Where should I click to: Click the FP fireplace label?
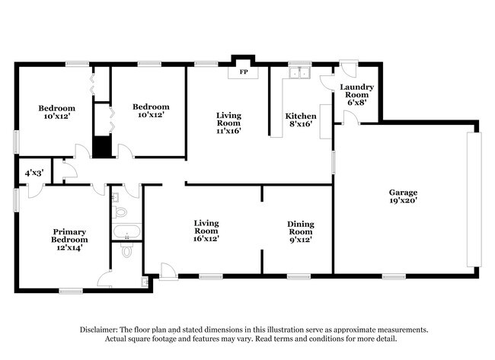(x=244, y=72)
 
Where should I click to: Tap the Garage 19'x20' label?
(x=403, y=196)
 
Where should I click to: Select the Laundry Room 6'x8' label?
(x=356, y=94)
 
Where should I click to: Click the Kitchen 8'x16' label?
(x=301, y=119)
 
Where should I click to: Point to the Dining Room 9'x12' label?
(x=301, y=232)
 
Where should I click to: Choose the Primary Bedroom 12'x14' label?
(x=69, y=240)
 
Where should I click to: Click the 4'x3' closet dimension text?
(x=34, y=173)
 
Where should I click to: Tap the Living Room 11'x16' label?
(x=229, y=123)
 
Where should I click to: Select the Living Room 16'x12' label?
(x=206, y=231)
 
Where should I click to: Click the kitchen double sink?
(x=300, y=72)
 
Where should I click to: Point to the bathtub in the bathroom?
(x=127, y=231)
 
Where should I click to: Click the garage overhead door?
(x=474, y=199)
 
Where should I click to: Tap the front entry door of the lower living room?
(x=168, y=272)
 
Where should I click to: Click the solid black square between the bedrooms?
(x=101, y=147)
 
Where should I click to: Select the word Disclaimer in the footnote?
(x=99, y=330)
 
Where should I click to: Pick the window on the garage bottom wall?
(x=394, y=277)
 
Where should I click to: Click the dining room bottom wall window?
(x=299, y=277)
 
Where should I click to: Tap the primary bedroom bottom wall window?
(x=71, y=291)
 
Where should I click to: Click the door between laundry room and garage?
(x=351, y=117)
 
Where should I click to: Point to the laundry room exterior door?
(x=348, y=68)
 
